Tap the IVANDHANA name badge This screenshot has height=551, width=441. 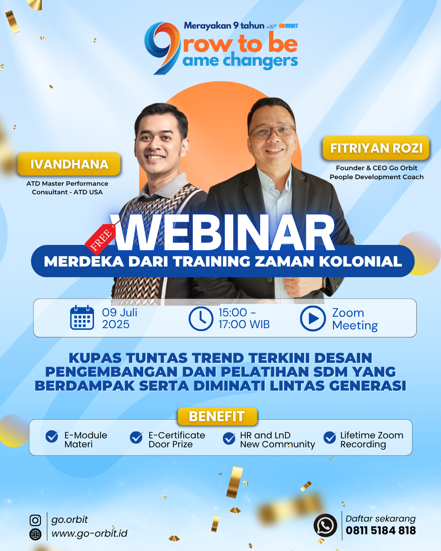click(x=69, y=164)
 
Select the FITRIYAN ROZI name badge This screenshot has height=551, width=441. click(x=376, y=148)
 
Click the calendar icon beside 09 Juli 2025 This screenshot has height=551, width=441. click(x=82, y=318)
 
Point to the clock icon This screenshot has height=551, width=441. click(x=201, y=318)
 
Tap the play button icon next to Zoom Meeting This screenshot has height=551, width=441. click(x=313, y=318)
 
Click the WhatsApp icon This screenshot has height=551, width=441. click(x=325, y=525)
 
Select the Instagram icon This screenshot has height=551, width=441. click(x=36, y=520)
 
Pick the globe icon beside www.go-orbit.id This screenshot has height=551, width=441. click(x=36, y=534)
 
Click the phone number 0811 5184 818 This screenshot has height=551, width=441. click(x=381, y=530)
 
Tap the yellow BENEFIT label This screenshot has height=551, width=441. click(x=217, y=416)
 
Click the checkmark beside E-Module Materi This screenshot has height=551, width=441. click(x=52, y=436)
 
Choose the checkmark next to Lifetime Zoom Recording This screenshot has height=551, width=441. click(x=330, y=437)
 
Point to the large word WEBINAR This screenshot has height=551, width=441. click(x=223, y=233)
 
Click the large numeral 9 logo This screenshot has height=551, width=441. click(x=163, y=48)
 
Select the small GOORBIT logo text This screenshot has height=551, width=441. click(x=289, y=26)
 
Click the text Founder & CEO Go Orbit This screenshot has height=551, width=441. click(x=376, y=168)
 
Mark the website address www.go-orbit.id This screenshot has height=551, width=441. click(x=89, y=533)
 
